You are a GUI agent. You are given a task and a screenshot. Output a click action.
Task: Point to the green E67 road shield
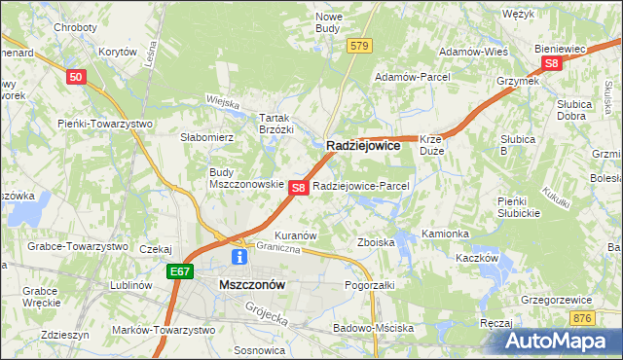179,272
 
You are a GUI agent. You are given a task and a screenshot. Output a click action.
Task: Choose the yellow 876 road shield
582,318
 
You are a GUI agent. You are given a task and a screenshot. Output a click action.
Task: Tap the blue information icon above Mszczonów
238,257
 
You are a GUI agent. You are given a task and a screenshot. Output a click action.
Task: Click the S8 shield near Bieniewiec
552,63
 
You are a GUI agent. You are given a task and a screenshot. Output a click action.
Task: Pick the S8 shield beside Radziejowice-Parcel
299,187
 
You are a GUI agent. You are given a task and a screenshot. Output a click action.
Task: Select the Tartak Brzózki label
275,123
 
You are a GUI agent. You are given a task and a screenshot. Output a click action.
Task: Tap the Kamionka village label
446,234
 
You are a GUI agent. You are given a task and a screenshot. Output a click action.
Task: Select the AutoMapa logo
562,341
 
